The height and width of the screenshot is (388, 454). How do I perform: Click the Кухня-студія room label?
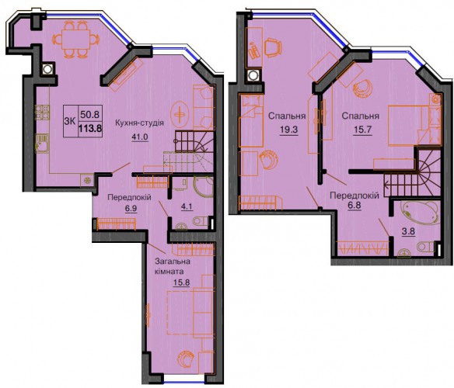(139, 123)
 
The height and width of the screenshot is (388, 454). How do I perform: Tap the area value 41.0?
(140, 137)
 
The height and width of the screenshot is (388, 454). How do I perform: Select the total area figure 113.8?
(90, 128)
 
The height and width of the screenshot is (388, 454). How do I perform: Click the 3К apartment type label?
(69, 121)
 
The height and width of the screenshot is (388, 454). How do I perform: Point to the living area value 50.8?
(89, 115)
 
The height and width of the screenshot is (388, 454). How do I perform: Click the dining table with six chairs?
(77, 40)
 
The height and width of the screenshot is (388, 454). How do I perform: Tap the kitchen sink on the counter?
(42, 143)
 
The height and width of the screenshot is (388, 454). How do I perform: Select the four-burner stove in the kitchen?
(42, 113)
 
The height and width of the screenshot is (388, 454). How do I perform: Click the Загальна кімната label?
(173, 267)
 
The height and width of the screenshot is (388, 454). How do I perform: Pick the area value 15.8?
(181, 282)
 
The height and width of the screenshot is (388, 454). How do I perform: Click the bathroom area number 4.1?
(187, 206)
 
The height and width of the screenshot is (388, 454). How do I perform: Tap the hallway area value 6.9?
(131, 208)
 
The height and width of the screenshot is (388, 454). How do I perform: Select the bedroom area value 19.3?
(288, 130)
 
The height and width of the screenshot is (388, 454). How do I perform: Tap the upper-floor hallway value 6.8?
(354, 206)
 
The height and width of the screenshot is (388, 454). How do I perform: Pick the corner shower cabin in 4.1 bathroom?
(203, 187)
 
